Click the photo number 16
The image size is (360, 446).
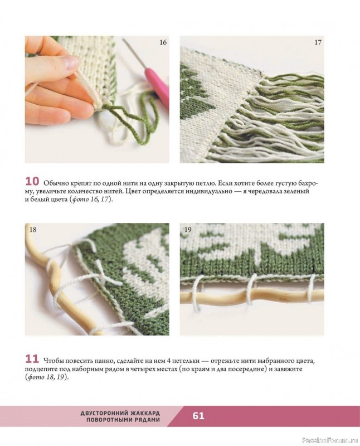click(163, 42)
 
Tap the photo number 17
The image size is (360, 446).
click(318, 42)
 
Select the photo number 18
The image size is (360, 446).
click(33, 230)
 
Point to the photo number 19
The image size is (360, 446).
click(188, 230)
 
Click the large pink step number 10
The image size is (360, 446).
click(32, 181)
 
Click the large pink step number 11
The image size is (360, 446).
click(32, 359)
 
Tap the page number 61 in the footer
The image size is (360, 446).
click(198, 416)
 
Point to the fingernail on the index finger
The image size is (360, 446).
click(70, 62)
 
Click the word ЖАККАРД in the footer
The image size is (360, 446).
click(145, 413)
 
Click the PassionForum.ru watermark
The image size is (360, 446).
click(329, 440)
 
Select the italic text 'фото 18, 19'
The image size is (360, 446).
click(46, 377)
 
